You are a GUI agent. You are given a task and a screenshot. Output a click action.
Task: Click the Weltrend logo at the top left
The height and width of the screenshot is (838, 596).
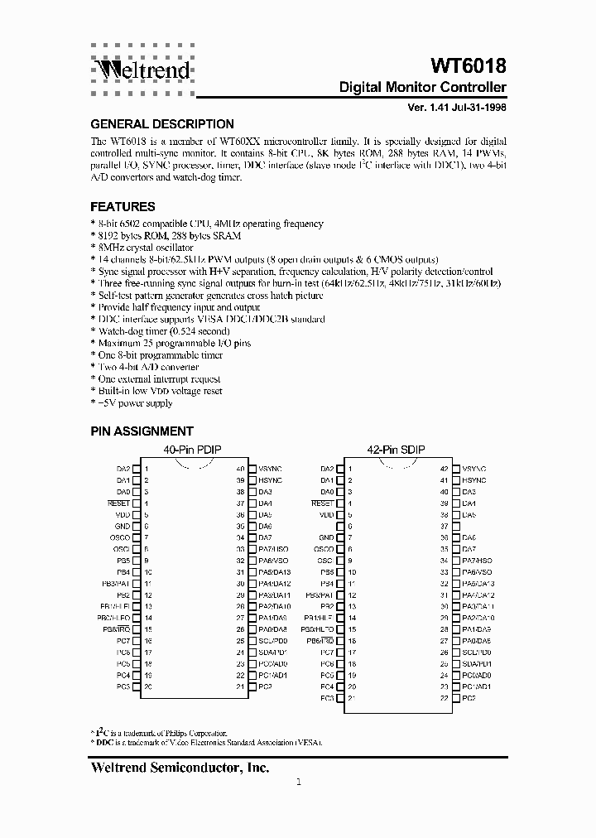click(139, 70)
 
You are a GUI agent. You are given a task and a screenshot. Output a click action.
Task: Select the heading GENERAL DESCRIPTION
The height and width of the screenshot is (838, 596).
click(161, 124)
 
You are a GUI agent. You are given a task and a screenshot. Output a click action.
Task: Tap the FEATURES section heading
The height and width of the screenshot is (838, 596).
click(123, 207)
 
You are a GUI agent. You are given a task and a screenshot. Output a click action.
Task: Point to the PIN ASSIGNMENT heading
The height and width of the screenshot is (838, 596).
click(142, 431)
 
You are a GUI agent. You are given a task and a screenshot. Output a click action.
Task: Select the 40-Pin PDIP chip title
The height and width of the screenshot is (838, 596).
click(195, 450)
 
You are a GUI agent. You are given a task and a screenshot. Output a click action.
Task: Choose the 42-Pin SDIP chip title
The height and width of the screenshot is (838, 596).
click(397, 450)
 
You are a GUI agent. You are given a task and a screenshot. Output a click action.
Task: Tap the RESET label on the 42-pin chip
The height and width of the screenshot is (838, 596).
click(323, 503)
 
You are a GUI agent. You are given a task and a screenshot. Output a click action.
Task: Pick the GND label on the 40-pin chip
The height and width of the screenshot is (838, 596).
click(123, 526)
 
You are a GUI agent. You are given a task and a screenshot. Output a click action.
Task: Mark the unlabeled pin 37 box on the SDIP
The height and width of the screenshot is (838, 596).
click(456, 526)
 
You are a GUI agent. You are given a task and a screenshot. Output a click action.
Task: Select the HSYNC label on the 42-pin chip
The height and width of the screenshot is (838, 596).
click(474, 480)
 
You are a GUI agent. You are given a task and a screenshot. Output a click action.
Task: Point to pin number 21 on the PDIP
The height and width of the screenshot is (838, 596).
click(240, 686)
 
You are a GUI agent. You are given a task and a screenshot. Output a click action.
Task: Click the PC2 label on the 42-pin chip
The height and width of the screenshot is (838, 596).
click(469, 698)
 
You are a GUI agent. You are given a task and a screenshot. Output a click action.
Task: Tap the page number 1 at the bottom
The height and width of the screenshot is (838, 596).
click(299, 783)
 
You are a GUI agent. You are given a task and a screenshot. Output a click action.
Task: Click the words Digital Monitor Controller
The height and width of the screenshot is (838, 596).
click(423, 87)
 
